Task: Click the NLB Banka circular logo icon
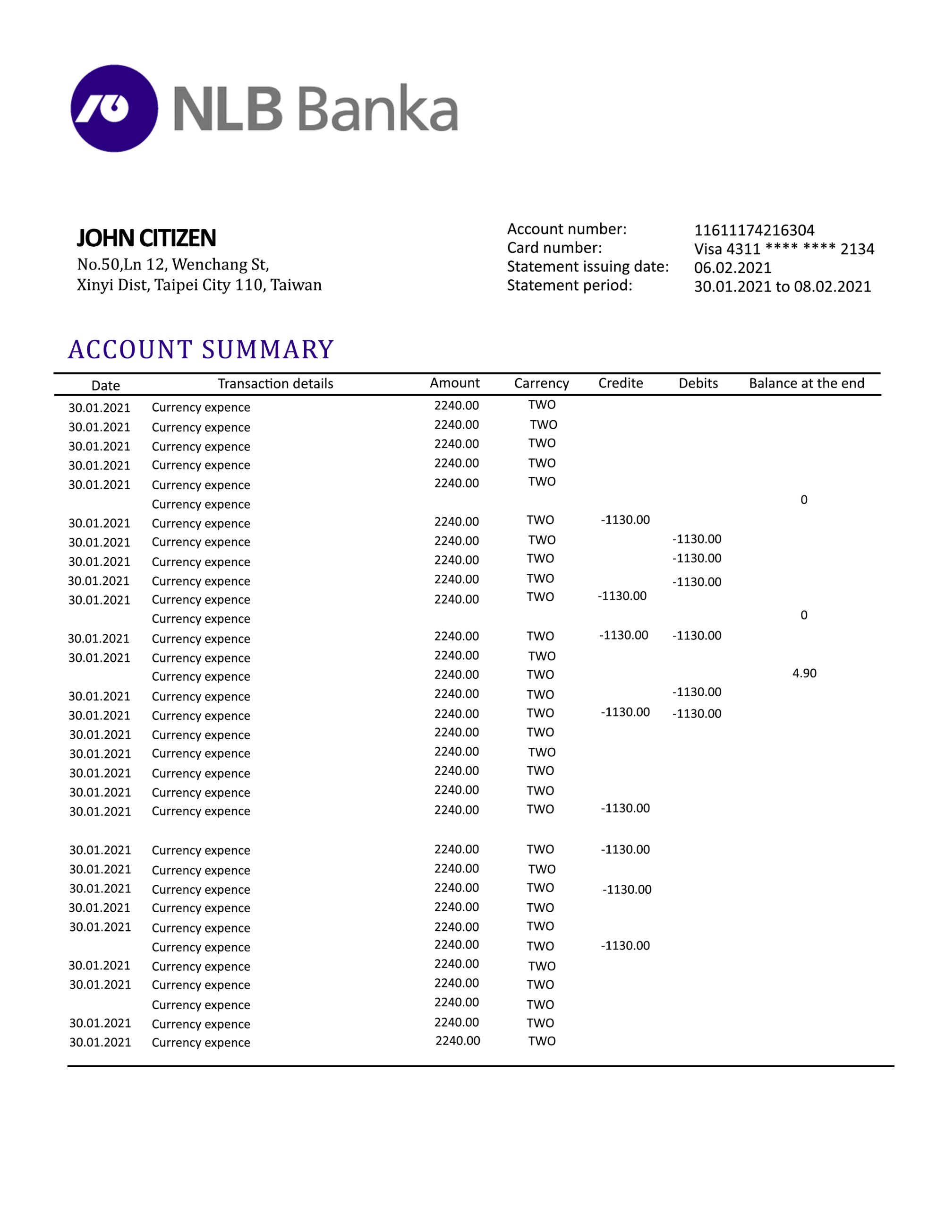pos(114,108)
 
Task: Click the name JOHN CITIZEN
pos(146,238)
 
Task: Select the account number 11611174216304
pos(754,230)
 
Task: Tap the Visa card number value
pos(784,249)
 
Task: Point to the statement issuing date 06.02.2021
pos(732,268)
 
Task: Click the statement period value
pos(782,286)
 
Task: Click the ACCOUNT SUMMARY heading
pos(201,349)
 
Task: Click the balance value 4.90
pos(804,673)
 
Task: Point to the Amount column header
pos(455,382)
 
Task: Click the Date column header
pos(105,385)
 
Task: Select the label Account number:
pos(567,229)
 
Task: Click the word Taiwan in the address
pos(296,285)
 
